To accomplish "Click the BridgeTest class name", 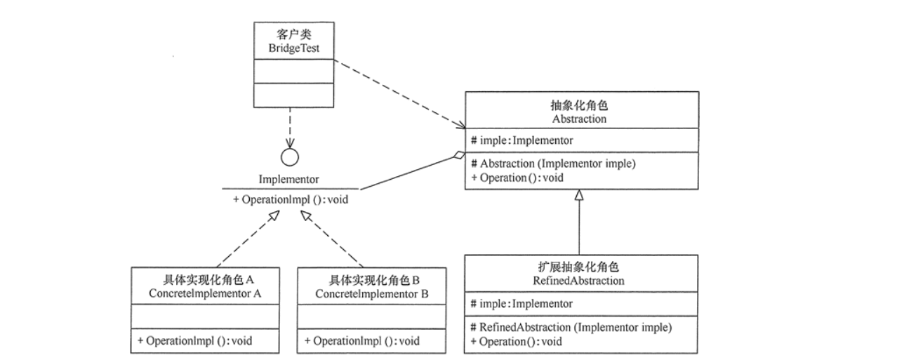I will pos(293,47).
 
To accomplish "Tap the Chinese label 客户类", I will pos(293,34).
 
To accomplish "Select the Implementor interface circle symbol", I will pos(290,157).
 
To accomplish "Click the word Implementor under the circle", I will pos(289,179).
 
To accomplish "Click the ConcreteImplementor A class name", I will pos(206,293).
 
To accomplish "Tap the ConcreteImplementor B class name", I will pos(372,293).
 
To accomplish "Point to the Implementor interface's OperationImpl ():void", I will pos(290,199).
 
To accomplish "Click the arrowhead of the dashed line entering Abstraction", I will pos(460,126).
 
